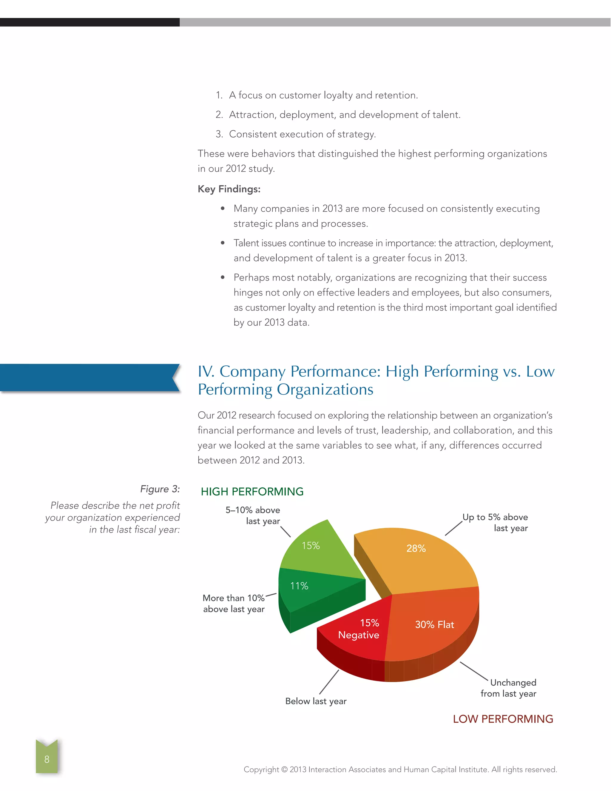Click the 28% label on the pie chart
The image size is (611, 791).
point(416,548)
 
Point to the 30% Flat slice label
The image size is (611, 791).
point(434,624)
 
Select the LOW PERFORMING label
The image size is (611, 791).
point(503,719)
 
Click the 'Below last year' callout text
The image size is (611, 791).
point(316,701)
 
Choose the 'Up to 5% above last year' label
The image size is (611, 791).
point(495,522)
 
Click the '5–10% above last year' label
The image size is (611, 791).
point(253,515)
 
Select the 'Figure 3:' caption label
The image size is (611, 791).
point(160,489)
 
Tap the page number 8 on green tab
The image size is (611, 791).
point(47,759)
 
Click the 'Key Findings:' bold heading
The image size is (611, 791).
point(229,189)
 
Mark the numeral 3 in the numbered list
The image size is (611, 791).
point(219,134)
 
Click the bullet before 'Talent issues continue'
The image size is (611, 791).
point(223,243)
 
